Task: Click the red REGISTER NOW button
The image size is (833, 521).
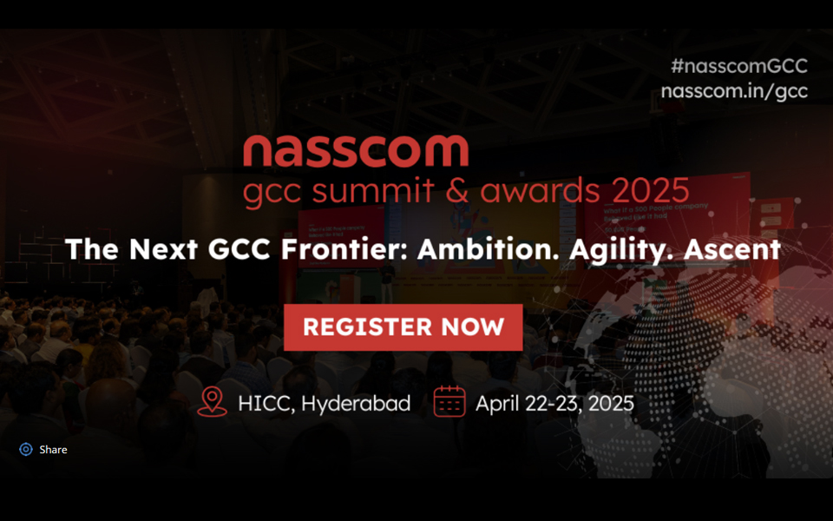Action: (403, 327)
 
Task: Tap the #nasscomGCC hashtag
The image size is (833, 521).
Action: (739, 66)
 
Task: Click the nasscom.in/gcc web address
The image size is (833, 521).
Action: (734, 90)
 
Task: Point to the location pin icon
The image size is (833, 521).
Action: (212, 402)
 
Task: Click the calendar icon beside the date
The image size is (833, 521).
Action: (449, 402)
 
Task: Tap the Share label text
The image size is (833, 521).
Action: (53, 450)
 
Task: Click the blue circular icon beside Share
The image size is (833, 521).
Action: (26, 450)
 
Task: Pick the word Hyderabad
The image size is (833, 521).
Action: (356, 404)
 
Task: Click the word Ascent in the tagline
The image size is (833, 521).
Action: (732, 250)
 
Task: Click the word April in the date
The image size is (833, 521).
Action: (497, 404)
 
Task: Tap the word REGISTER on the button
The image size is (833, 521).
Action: (366, 327)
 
